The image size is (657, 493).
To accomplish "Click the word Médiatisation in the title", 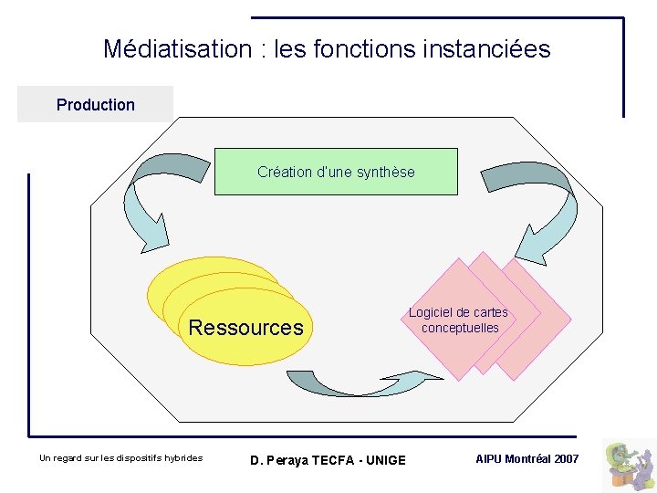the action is (175, 48).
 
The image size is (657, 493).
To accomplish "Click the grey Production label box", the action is (95, 105).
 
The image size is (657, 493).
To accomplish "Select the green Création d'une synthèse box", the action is (336, 172).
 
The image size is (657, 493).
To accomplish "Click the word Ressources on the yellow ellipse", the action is (245, 328).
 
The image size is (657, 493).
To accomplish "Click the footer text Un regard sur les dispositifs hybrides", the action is (121, 458).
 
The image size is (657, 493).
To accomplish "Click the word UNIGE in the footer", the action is (387, 459).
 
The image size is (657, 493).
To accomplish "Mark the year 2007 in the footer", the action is (567, 458).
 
